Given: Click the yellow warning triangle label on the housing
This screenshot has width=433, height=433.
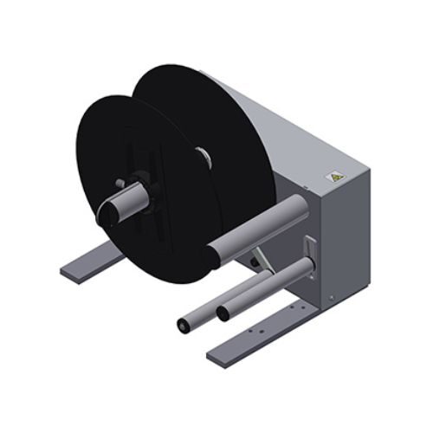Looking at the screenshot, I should point(332,176).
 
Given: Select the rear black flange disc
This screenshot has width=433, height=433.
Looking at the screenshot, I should point(216,113).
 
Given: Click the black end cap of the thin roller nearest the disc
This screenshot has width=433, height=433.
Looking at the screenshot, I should point(183,326).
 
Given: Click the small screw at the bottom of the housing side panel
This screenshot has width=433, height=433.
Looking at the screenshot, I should point(330,298).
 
